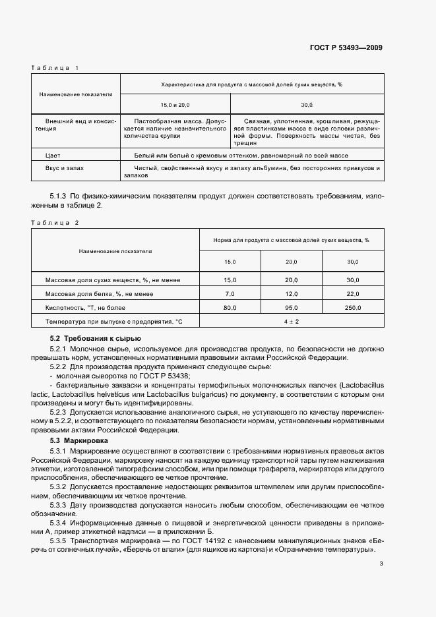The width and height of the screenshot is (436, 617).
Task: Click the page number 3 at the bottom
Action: [381, 563]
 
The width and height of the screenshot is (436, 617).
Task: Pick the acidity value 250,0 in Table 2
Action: [352, 308]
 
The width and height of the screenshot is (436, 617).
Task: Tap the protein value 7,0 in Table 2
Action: [230, 294]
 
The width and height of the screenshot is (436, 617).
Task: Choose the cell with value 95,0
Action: [291, 308]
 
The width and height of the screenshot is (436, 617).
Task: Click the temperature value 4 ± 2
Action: [292, 322]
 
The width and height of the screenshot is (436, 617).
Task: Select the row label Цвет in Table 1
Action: [52, 156]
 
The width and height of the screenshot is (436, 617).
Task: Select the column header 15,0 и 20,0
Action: [175, 105]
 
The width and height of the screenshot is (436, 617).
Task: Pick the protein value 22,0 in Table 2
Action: [352, 294]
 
